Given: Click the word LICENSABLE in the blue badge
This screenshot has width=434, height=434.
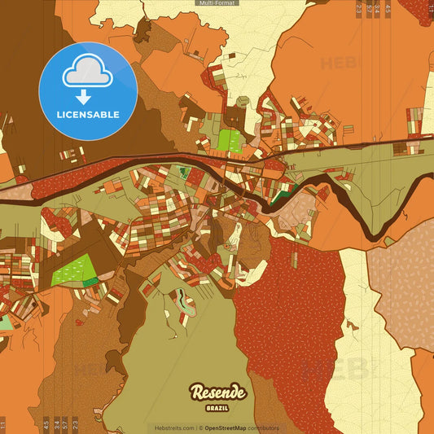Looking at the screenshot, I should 87,115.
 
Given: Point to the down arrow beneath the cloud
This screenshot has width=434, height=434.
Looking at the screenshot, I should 87,94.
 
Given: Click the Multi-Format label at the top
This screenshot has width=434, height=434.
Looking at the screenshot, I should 217,3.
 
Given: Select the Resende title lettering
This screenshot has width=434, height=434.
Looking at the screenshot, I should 217,393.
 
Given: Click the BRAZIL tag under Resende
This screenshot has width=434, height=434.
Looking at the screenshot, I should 217,406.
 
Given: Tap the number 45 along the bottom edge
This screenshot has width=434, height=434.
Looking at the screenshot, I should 46,424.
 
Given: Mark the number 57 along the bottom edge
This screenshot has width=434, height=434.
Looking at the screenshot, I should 65,424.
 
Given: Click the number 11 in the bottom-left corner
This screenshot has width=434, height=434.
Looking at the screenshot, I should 3,424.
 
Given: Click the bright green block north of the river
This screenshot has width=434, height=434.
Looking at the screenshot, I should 230,140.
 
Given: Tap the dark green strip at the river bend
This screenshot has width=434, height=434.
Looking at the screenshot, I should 281,195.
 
